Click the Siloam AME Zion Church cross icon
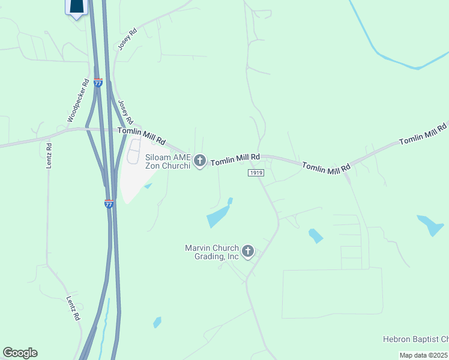tap(200, 161)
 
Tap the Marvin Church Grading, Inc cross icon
tap(247, 251)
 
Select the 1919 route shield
tap(256, 173)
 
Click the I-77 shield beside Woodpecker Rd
tap(98, 82)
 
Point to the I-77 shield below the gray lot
tap(109, 204)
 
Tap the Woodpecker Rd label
tap(78, 101)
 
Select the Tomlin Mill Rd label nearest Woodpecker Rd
tap(142, 136)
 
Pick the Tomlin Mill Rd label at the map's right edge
tap(423, 133)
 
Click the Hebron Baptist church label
tap(415, 340)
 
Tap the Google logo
tap(20, 353)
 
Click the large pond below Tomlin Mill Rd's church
tap(219, 215)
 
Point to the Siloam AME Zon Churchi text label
tap(167, 161)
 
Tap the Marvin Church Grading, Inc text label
tap(212, 252)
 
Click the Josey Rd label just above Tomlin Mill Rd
tap(125, 112)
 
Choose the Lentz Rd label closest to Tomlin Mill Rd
tap(50, 155)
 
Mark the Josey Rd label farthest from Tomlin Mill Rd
tap(128, 39)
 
